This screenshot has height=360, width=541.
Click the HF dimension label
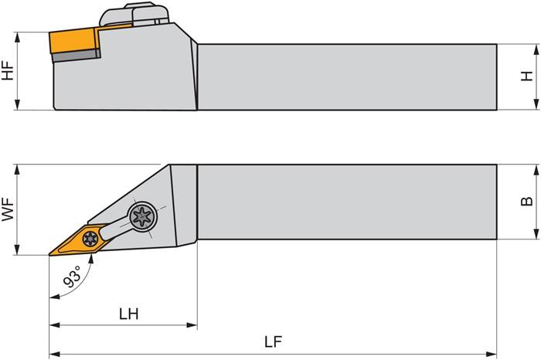click(9, 71)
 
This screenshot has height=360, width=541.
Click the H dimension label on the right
click(528, 77)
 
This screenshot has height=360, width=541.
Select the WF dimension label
click(9, 209)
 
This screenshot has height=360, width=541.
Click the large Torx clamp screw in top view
click(143, 216)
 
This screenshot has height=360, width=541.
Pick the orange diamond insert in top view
click(81, 240)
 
